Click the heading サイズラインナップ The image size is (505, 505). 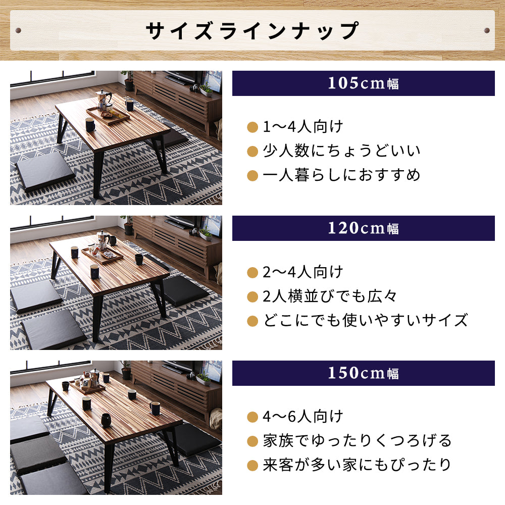pos(252,30)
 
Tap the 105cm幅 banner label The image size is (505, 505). pos(363,83)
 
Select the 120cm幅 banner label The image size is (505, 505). pos(363,228)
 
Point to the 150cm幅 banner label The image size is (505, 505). pos(363,373)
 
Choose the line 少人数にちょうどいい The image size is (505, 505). pos(341,151)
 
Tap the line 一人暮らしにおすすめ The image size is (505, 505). pos(341,175)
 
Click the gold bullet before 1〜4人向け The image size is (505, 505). pos(252,127)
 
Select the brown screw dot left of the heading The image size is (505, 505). pos(19,31)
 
